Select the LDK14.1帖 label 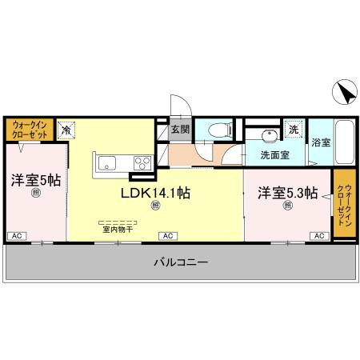point(155,192)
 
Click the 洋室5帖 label point(35,180)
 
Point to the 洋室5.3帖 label point(287,193)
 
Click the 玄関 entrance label point(179,129)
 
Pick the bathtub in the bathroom point(344,142)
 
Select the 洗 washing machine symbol point(293,129)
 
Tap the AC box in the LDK point(168,235)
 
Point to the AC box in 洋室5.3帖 point(318,235)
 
